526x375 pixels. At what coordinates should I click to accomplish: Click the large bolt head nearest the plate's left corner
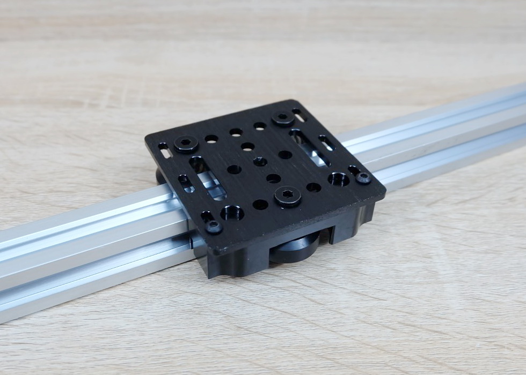point(186,144)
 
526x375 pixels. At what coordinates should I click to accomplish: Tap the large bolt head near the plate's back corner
point(282,118)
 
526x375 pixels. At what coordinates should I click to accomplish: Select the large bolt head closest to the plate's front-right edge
point(288,196)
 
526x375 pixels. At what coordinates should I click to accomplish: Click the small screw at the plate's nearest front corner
point(214,227)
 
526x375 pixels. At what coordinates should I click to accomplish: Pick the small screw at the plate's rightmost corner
point(363,178)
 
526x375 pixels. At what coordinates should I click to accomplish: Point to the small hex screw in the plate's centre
point(260,161)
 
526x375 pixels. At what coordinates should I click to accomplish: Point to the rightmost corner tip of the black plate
point(385,193)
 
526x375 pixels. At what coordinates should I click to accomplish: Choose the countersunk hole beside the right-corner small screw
point(339,179)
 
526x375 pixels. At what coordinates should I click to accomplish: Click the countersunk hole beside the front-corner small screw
point(232,213)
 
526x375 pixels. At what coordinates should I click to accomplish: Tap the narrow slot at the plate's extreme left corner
point(164,150)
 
